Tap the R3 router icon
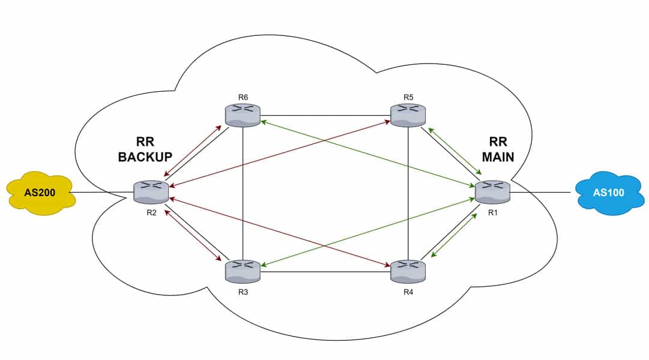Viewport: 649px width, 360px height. coord(243,271)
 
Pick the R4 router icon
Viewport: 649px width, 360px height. coord(408,271)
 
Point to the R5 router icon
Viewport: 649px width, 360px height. coord(408,115)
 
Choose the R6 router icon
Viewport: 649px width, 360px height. coord(243,115)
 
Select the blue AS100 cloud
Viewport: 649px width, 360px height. coord(608,193)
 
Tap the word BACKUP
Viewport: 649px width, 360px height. coord(145,157)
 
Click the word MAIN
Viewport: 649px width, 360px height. coord(498,157)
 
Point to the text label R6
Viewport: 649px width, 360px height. coord(243,97)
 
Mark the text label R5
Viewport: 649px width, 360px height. coord(408,97)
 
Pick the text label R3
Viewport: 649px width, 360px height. coord(243,292)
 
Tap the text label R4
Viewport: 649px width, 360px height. coord(408,292)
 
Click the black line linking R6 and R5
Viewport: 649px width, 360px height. coord(324,115)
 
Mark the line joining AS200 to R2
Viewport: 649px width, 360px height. coord(102,193)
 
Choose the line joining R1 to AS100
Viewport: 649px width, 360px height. coord(540,193)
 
